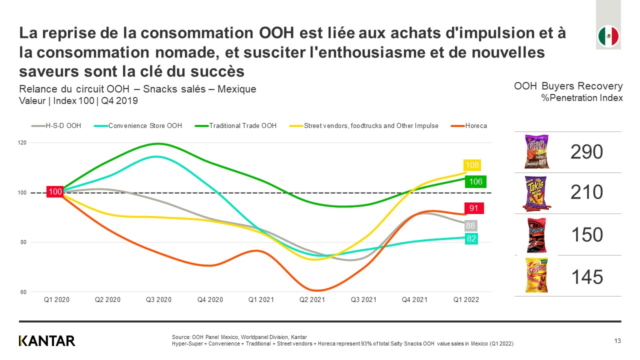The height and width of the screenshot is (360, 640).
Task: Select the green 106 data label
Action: (475, 181)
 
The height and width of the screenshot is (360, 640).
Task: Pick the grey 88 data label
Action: (470, 226)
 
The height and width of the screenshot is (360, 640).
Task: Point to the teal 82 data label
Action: (471, 239)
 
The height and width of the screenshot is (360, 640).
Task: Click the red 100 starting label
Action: (55, 191)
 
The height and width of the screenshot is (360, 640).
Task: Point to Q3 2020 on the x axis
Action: (158, 300)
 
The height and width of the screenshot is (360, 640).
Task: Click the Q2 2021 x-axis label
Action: (312, 300)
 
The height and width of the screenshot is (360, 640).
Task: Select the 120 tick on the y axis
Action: (22, 142)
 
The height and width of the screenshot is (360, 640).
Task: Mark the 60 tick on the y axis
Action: (23, 292)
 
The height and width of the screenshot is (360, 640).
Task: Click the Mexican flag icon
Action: (608, 36)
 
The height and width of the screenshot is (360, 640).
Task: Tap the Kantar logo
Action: (47, 341)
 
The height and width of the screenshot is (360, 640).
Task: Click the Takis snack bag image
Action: (536, 192)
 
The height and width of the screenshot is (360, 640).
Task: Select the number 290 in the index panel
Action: (587, 152)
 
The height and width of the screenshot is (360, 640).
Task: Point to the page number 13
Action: (617, 341)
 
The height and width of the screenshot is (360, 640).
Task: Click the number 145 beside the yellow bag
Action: (587, 276)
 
